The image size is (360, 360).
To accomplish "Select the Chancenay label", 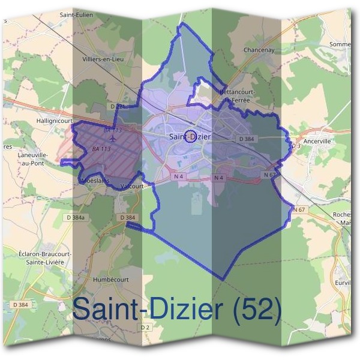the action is click(259, 50).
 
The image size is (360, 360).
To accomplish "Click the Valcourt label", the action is click(131, 186).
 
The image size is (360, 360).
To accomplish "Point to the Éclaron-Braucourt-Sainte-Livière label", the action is click(45, 257).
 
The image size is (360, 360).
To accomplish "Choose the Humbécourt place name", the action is click(112, 280).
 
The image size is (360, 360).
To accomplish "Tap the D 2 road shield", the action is click(145, 327).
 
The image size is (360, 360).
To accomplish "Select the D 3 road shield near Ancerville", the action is click(295, 146).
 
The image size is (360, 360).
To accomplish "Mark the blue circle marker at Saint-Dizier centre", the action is click(190, 137).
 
